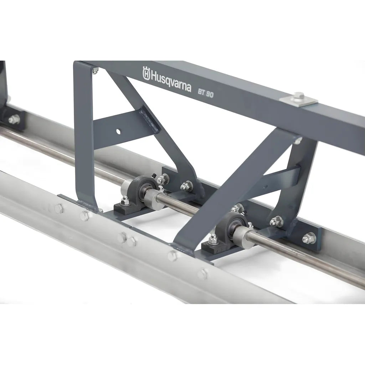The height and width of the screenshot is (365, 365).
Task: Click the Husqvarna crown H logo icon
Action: (146, 73)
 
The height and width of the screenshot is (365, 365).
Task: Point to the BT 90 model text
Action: (206, 93)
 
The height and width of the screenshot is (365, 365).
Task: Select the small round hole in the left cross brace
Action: (118, 132)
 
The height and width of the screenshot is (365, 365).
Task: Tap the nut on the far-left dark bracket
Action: (14, 119)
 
